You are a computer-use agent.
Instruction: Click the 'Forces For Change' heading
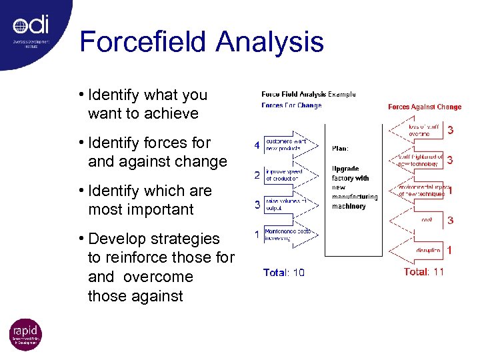click(x=291, y=105)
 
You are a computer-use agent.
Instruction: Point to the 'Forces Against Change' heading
click(x=425, y=107)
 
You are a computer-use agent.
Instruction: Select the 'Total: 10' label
click(x=284, y=272)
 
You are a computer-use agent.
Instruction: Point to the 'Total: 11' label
click(x=424, y=271)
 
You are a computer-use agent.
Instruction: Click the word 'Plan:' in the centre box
click(x=340, y=148)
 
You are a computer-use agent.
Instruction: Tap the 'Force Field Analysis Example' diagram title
click(x=309, y=95)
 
